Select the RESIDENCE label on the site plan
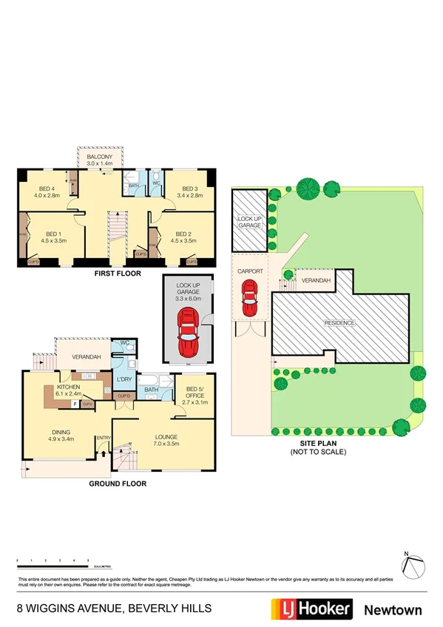[x=339, y=323]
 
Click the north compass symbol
[x=413, y=565]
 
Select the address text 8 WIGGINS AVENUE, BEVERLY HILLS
[x=114, y=609]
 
